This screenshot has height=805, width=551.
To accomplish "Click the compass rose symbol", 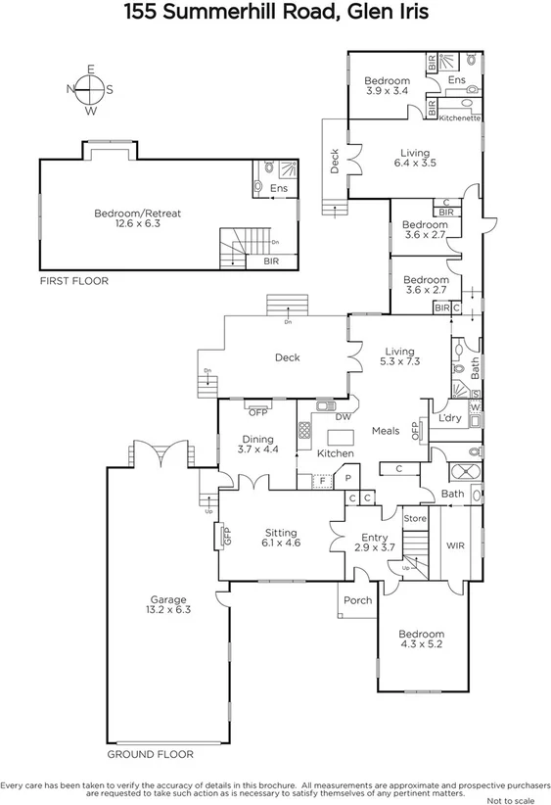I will tap(89, 89).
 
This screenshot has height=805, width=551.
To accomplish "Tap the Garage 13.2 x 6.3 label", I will tap(167, 605).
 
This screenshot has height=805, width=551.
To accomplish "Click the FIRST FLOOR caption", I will tap(73, 281).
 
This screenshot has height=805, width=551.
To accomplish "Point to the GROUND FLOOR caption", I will tap(150, 754).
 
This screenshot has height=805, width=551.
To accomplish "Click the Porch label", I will tap(357, 600).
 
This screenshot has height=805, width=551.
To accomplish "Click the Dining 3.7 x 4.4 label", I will tap(257, 445).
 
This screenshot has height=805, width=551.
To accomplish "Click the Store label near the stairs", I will tap(415, 518).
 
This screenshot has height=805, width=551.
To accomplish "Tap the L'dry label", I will tap(449, 419).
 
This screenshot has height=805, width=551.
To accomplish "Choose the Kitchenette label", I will tap(459, 118).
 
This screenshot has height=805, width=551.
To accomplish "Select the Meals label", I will tap(386, 430).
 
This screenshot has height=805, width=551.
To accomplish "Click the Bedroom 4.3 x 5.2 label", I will tap(421, 639).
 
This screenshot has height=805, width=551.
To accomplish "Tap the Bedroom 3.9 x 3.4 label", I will tap(387, 86).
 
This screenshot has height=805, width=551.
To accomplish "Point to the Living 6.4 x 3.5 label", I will tap(415, 158).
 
